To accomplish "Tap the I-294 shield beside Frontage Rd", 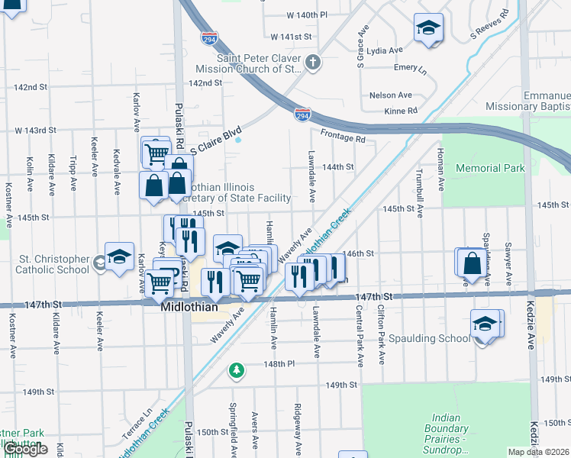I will click(302, 114).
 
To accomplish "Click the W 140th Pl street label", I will click(307, 15).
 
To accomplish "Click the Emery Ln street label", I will click(410, 68).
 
